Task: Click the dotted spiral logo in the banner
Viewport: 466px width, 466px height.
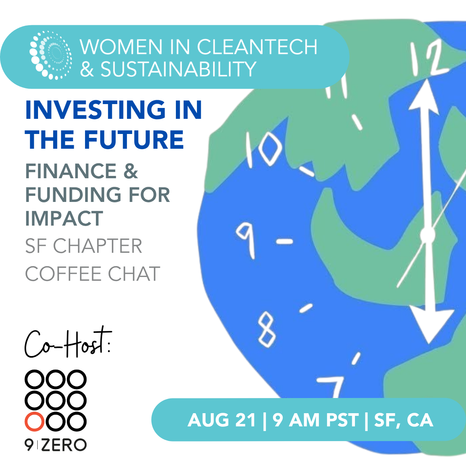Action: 50,55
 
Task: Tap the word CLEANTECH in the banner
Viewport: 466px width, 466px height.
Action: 257,47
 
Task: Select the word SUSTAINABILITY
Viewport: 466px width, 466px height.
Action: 178,69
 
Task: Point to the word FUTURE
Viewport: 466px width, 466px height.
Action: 134,139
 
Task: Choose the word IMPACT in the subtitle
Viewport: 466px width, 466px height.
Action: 64,218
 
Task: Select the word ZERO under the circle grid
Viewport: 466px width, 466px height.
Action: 64,445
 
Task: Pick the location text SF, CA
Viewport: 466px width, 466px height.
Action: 403,420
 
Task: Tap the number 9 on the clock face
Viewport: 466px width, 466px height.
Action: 246,240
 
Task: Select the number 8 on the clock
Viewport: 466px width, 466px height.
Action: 266,329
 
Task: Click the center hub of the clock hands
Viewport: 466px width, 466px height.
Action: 427,235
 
